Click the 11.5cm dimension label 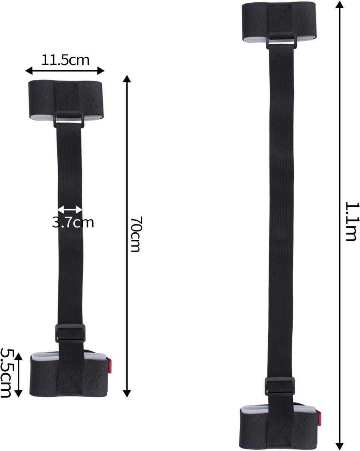pyautogui.click(x=65, y=60)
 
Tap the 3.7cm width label pyautogui.click(x=73, y=222)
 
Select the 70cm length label pyautogui.click(x=137, y=234)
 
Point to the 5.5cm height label pyautogui.click(x=6, y=373)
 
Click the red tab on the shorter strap pyautogui.click(x=109, y=365)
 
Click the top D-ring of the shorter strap pyautogui.click(x=68, y=120)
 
